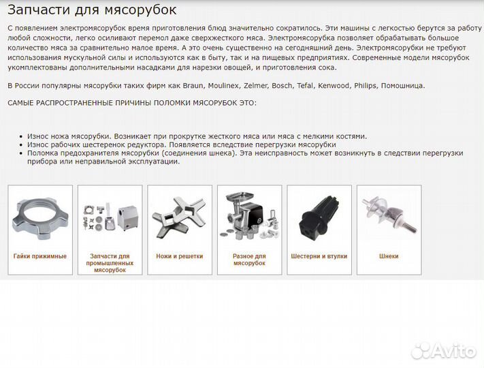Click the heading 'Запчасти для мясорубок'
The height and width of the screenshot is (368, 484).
coord(91,10)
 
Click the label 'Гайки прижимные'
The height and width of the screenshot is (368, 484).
coord(40,256)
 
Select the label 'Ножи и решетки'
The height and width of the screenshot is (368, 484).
coord(179,256)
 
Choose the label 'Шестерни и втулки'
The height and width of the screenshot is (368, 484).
coord(319,256)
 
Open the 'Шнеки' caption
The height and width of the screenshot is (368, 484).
coord(389,256)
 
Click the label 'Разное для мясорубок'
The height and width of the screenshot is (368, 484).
coord(249,260)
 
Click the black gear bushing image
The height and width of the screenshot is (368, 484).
coord(319,217)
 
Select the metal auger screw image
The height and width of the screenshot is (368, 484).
coord(389,215)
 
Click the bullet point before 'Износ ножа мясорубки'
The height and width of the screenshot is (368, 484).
coord(22,136)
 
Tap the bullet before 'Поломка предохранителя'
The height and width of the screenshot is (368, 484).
coord(22,153)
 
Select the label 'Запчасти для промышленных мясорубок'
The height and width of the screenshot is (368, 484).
coord(110,263)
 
